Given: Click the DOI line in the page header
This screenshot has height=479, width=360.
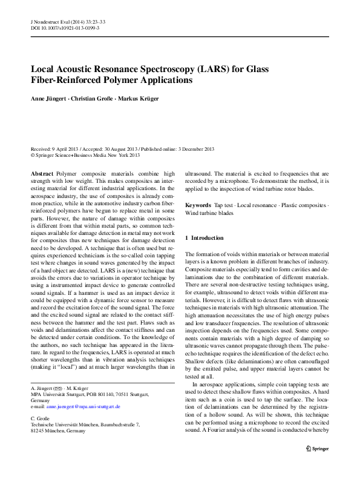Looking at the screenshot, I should pos(65,28).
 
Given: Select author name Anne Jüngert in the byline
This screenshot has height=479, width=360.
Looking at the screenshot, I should pos(49,98).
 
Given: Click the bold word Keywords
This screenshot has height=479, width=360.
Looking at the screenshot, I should pos(198,206).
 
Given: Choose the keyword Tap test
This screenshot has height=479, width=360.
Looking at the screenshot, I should pos(225,206).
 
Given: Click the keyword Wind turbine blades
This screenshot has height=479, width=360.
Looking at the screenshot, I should pos(209,214).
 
